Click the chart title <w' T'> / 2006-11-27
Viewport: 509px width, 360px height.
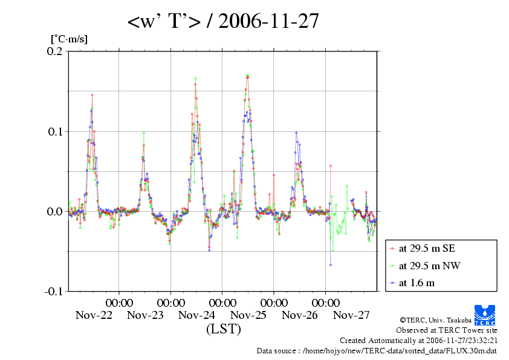(x=223, y=22)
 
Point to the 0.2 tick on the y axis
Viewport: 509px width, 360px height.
(x=55, y=51)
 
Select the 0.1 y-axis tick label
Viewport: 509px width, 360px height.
(x=55, y=131)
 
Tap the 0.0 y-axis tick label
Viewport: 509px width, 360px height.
(x=55, y=211)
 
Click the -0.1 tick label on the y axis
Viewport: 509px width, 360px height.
(x=53, y=291)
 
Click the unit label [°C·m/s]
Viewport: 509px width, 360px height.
(x=69, y=39)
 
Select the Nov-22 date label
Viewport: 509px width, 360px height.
(x=94, y=315)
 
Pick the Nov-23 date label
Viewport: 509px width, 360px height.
(x=145, y=315)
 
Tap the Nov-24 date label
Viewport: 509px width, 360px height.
(x=197, y=315)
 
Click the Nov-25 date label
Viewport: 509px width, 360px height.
(x=248, y=315)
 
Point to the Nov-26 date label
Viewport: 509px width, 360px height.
(x=300, y=315)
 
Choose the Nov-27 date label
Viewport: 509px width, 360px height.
(x=351, y=315)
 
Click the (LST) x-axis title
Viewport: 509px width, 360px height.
(x=223, y=330)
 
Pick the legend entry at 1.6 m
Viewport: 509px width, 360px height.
(x=417, y=283)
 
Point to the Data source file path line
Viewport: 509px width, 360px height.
(x=377, y=350)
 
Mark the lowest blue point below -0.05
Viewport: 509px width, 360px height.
(x=331, y=264)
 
